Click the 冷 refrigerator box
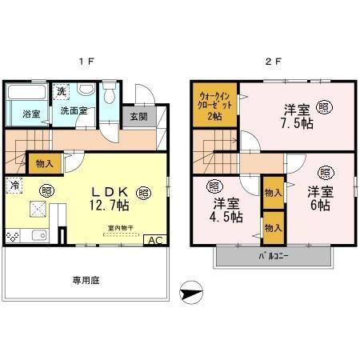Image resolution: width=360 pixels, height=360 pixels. coord(15,184)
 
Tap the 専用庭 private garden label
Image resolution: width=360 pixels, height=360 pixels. coord(85,281)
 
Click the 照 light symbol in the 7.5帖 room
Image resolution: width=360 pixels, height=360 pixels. coord(323,105)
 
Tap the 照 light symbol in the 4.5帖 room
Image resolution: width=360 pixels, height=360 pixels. coord(215,186)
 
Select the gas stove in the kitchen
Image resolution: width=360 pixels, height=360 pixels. coord(13,238)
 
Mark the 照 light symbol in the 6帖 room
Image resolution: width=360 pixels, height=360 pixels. coord(326,172)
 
